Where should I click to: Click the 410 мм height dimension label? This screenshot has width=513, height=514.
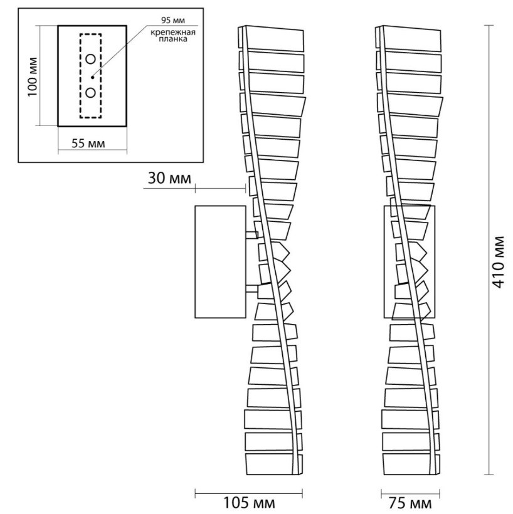tap(499, 262)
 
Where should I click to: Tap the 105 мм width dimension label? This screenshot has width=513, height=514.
tap(249, 503)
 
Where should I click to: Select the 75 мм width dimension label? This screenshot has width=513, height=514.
tap(410, 503)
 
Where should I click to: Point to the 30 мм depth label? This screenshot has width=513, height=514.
tap(169, 179)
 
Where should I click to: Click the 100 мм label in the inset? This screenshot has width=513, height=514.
tap(33, 77)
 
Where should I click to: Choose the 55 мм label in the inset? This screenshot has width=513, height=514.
tap(88, 144)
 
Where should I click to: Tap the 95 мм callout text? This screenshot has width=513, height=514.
tap(173, 20)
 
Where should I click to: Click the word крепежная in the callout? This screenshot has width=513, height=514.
tap(173, 32)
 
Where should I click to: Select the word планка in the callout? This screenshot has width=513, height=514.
tap(173, 39)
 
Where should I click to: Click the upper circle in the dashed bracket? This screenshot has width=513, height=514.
tap(90, 59)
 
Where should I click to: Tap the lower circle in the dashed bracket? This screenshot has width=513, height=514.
tap(90, 93)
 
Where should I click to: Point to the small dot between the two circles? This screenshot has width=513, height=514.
tap(93, 77)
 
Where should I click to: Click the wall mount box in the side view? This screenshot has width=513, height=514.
tap(220, 261)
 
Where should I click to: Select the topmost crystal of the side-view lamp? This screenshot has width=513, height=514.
tap(274, 38)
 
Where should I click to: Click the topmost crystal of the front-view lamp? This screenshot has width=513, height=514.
tap(411, 38)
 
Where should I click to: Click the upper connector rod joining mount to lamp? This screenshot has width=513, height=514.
tap(252, 234)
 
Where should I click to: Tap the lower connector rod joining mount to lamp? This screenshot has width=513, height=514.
tap(252, 288)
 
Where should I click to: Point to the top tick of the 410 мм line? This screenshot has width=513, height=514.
tap(489, 26)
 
